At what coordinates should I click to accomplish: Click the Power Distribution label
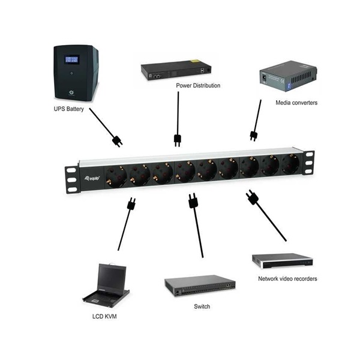[198, 86]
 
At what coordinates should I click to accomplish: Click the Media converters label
[296, 103]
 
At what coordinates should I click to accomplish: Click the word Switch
[202, 306]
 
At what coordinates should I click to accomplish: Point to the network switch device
[200, 287]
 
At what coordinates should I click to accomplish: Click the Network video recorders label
[287, 278]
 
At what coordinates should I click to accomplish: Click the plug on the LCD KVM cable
[130, 204]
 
